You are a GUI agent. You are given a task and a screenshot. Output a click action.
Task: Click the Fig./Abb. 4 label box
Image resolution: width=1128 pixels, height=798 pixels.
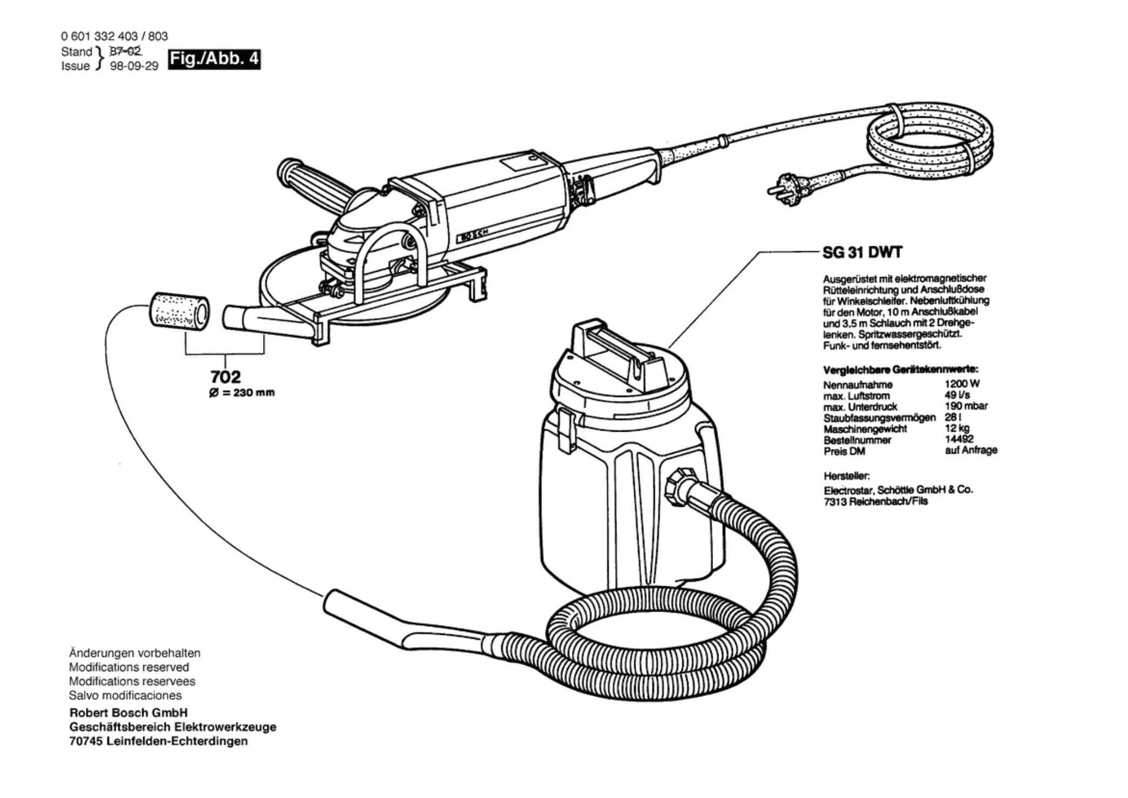pyautogui.click(x=214, y=59)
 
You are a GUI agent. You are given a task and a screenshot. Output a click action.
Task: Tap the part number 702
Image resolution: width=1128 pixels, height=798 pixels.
pyautogui.click(x=226, y=376)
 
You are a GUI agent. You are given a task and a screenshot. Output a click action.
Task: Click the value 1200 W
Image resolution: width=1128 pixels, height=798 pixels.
pyautogui.click(x=962, y=384)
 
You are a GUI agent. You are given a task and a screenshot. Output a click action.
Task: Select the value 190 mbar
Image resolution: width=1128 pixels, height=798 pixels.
pyautogui.click(x=966, y=406)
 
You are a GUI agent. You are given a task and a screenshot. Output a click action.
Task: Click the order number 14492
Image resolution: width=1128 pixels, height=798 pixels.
pyautogui.click(x=959, y=439)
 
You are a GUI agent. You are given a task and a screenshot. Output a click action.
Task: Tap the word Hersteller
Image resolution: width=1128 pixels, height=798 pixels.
pyautogui.click(x=846, y=476)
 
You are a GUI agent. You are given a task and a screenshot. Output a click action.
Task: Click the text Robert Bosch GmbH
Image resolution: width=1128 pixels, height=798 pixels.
pyautogui.click(x=129, y=712)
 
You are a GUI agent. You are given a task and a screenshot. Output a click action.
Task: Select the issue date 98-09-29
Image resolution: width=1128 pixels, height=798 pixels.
pyautogui.click(x=134, y=66)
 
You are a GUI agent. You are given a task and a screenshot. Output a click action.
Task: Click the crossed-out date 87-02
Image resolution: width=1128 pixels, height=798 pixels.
pyautogui.click(x=125, y=51)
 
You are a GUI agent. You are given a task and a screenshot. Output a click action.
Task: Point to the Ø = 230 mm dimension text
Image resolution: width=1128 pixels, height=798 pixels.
pyautogui.click(x=242, y=393)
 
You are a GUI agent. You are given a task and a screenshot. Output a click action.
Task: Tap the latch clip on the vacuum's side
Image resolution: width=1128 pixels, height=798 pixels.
pyautogui.click(x=566, y=429)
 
